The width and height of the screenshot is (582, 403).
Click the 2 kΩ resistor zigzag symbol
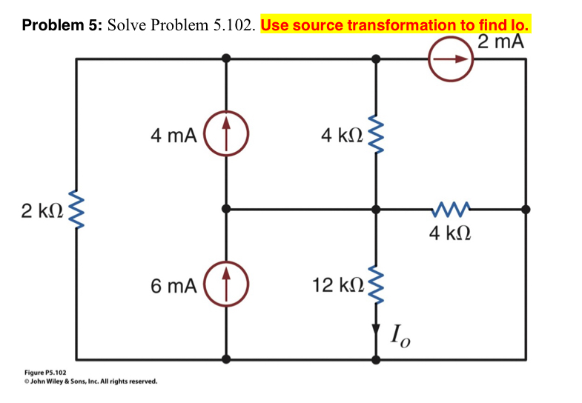point(76,210)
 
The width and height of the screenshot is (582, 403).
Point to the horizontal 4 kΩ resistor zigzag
point(451,210)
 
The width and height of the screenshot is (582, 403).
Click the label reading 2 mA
point(501,41)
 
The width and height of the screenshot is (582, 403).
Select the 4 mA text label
point(173,136)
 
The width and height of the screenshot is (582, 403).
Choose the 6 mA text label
point(173,286)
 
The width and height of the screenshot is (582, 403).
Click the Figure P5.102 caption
point(44,373)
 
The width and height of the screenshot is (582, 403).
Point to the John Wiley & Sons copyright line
point(90,382)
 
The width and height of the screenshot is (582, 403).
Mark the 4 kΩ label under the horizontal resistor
point(450,236)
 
